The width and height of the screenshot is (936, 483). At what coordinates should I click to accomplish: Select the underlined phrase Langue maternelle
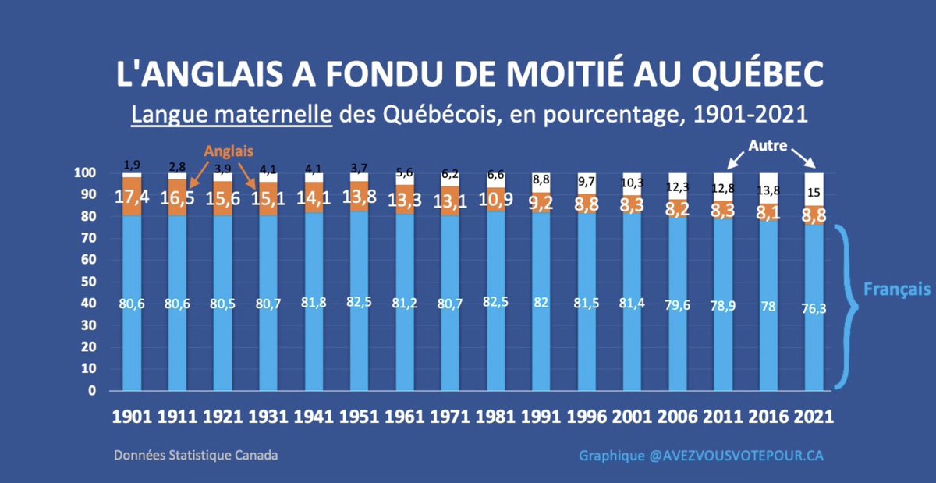point(231,115)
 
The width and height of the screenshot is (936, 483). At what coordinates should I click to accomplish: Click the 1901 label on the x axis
point(132,416)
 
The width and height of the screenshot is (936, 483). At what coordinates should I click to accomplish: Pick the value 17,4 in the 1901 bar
point(132,197)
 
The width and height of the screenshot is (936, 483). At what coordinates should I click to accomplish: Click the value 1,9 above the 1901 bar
point(132,165)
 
